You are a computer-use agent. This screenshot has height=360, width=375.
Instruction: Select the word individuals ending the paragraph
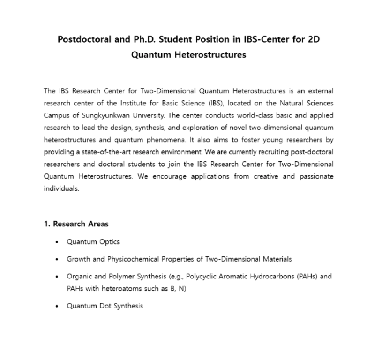click(61, 188)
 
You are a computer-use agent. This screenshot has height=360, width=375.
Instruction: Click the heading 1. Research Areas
click(76, 224)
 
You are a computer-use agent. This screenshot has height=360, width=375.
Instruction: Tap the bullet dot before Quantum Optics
click(57, 242)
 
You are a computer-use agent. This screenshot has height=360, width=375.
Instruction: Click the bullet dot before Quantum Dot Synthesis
click(57, 306)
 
